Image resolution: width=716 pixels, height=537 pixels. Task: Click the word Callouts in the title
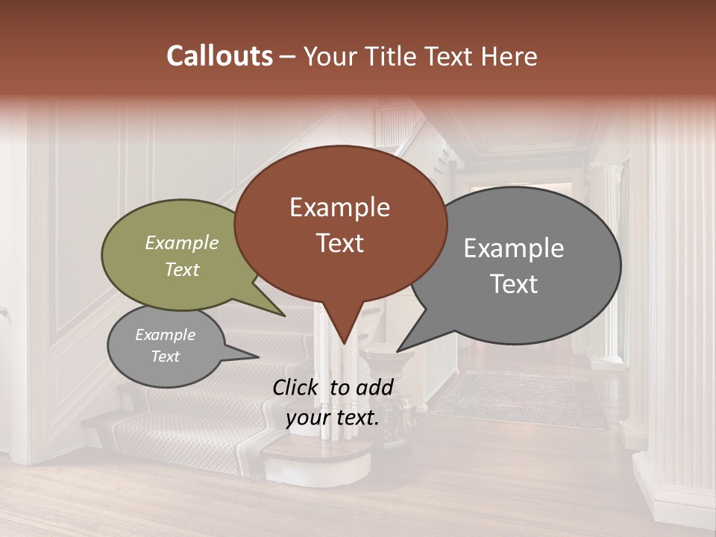pos(220,56)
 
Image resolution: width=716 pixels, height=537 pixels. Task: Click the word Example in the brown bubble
pos(340,207)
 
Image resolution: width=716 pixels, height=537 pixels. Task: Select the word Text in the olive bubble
pos(182,270)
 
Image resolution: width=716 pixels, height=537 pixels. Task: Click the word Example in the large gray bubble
pos(514,248)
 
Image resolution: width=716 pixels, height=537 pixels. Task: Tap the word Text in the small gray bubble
pos(166,357)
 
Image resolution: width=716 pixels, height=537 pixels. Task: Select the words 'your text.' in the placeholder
pos(333,418)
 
